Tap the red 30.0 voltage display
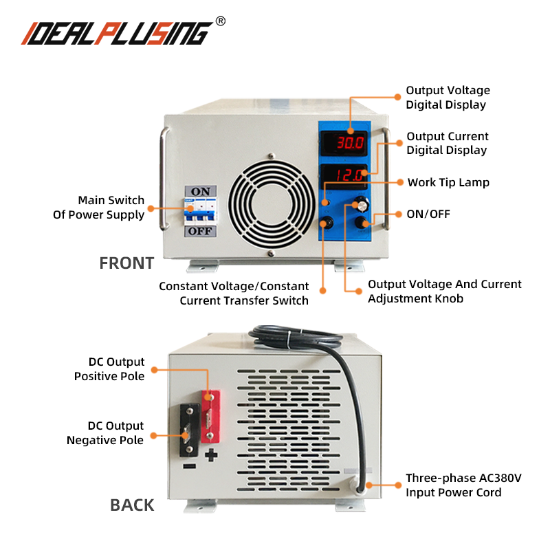(x=349, y=144)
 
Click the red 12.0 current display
(x=349, y=175)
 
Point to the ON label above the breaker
(x=200, y=190)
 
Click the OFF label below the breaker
(x=200, y=232)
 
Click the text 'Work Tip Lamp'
(x=448, y=182)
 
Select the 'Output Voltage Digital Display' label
(x=448, y=98)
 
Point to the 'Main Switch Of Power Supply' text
(x=100, y=208)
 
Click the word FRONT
(x=126, y=263)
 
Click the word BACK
(x=132, y=505)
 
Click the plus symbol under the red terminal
(x=211, y=454)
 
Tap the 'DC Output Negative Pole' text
(x=105, y=433)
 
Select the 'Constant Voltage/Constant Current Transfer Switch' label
(x=234, y=293)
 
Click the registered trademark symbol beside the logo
(x=220, y=21)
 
